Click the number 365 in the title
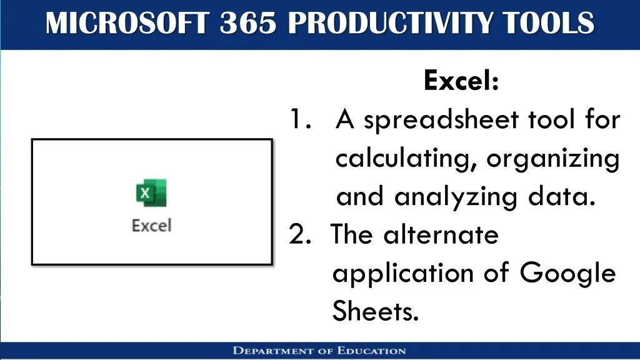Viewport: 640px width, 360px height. pos(248,23)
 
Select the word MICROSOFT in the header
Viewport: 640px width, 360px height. pos(127,23)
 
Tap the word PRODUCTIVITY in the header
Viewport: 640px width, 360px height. pos(390,23)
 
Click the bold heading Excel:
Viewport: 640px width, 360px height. pos(461,81)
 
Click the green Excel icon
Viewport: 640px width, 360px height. pos(151,192)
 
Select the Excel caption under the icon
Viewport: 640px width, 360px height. pos(151,225)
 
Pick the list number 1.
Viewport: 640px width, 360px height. pos(301,119)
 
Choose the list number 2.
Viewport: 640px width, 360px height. pos(300,235)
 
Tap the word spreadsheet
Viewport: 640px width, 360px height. pos(441,121)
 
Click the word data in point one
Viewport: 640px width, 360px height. pos(561,196)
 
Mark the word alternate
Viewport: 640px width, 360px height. pos(441,235)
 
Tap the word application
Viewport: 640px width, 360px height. pos(403,274)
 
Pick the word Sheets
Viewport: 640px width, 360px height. pos(376,311)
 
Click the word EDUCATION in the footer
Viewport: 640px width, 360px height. pos(371,351)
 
